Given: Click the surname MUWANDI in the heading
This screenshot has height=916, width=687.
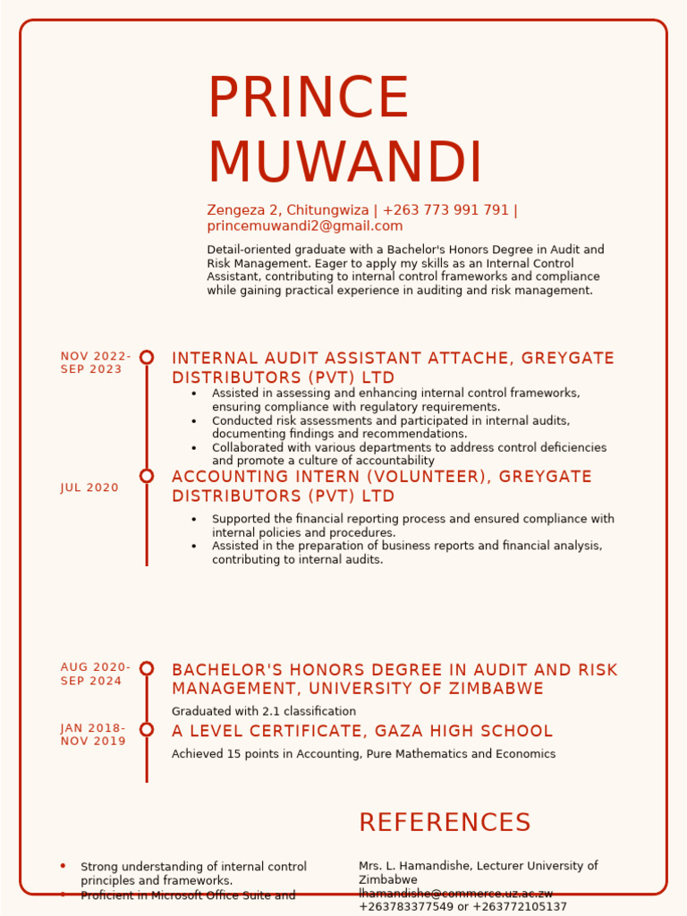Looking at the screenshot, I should pyautogui.click(x=345, y=164).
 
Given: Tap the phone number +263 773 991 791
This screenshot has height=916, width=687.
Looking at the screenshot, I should pyautogui.click(x=445, y=210).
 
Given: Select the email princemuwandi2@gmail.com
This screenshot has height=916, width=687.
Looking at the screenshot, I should pyautogui.click(x=305, y=226).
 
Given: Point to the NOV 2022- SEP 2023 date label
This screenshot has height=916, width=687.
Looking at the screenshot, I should pyautogui.click(x=96, y=363).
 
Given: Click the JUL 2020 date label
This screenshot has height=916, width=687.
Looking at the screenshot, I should pyautogui.click(x=89, y=488).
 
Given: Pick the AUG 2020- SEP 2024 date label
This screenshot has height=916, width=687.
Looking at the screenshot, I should pyautogui.click(x=96, y=674).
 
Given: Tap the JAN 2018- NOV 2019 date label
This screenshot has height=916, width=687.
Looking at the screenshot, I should pyautogui.click(x=93, y=734).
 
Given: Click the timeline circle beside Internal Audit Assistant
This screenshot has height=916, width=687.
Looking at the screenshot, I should pyautogui.click(x=147, y=357).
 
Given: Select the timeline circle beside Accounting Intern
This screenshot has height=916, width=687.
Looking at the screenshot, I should pyautogui.click(x=147, y=476).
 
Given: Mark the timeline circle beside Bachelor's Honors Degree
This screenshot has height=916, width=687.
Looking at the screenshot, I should pyautogui.click(x=147, y=668).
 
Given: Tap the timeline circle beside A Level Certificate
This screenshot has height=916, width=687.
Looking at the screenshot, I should pyautogui.click(x=147, y=729).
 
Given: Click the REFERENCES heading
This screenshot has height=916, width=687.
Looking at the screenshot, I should pyautogui.click(x=445, y=823).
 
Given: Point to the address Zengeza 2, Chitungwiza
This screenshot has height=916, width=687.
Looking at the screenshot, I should pyautogui.click(x=288, y=210).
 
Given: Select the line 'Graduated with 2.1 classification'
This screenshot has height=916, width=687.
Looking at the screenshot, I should pyautogui.click(x=264, y=711).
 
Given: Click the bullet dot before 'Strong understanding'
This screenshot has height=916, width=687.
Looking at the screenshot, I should pyautogui.click(x=63, y=866).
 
